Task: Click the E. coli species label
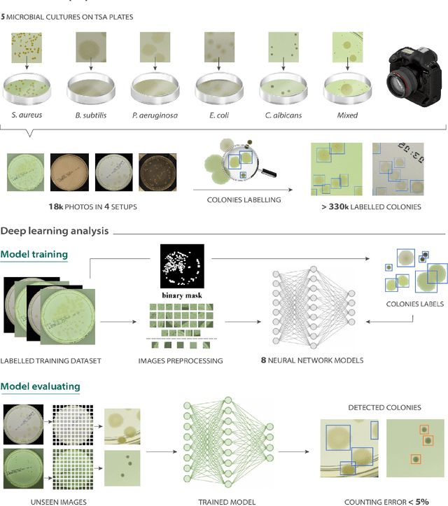pyautogui.click(x=219, y=115)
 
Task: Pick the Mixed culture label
pyautogui.click(x=346, y=115)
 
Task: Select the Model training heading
pyautogui.click(x=34, y=255)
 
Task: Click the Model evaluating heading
pyautogui.click(x=40, y=386)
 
